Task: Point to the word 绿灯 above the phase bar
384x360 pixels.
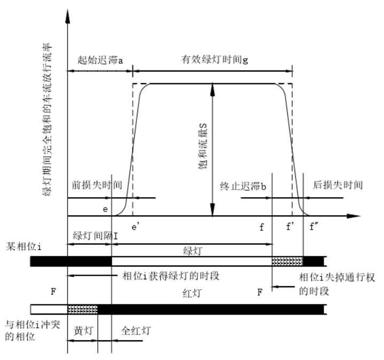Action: pos(190,249)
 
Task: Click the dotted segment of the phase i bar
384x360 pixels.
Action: pos(288,261)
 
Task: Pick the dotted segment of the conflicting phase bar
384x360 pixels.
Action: pos(83,309)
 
